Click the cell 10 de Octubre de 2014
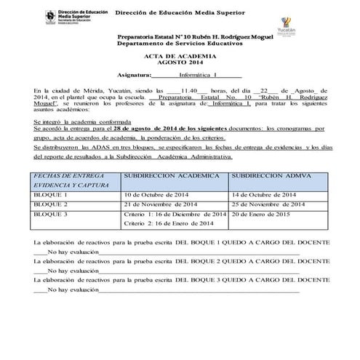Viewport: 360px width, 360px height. coord(158,196)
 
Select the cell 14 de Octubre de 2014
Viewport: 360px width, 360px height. coord(263,196)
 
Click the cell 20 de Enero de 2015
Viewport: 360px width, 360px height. coord(260,215)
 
